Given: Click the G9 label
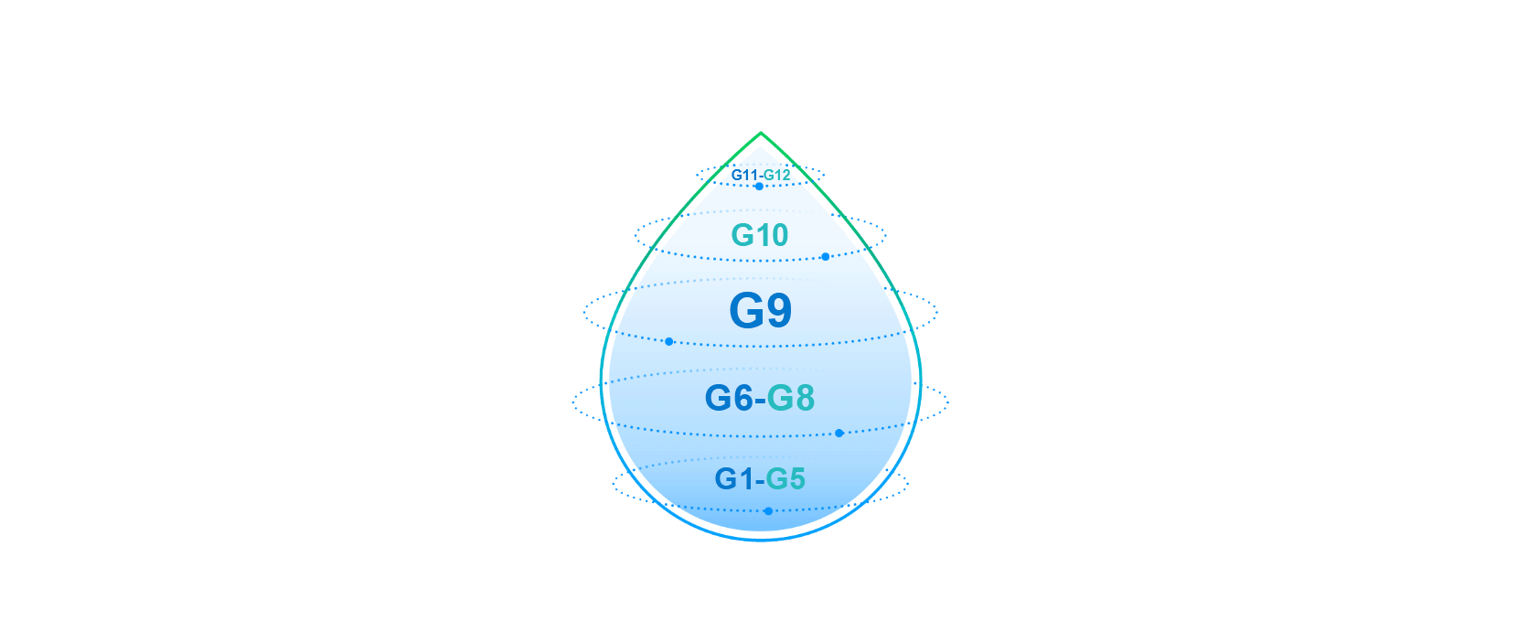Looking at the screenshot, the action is (760, 311).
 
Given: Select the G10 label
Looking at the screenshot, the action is (759, 235).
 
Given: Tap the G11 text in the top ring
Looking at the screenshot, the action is (744, 175).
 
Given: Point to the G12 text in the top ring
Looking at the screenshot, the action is (776, 175).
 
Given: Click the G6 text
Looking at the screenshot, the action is (729, 398).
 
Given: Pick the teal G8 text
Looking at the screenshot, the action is (791, 398).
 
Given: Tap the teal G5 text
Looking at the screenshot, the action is (785, 479).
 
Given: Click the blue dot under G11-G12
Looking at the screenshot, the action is (759, 187).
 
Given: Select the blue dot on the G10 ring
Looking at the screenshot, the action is (825, 257).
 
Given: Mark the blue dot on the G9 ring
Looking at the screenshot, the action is (669, 341).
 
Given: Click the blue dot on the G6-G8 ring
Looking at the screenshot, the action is (839, 433).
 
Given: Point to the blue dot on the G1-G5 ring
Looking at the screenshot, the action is (768, 511).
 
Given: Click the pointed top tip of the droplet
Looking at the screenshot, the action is (761, 134).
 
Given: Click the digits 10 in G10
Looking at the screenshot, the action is (774, 235).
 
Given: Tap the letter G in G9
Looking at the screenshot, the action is (745, 311).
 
